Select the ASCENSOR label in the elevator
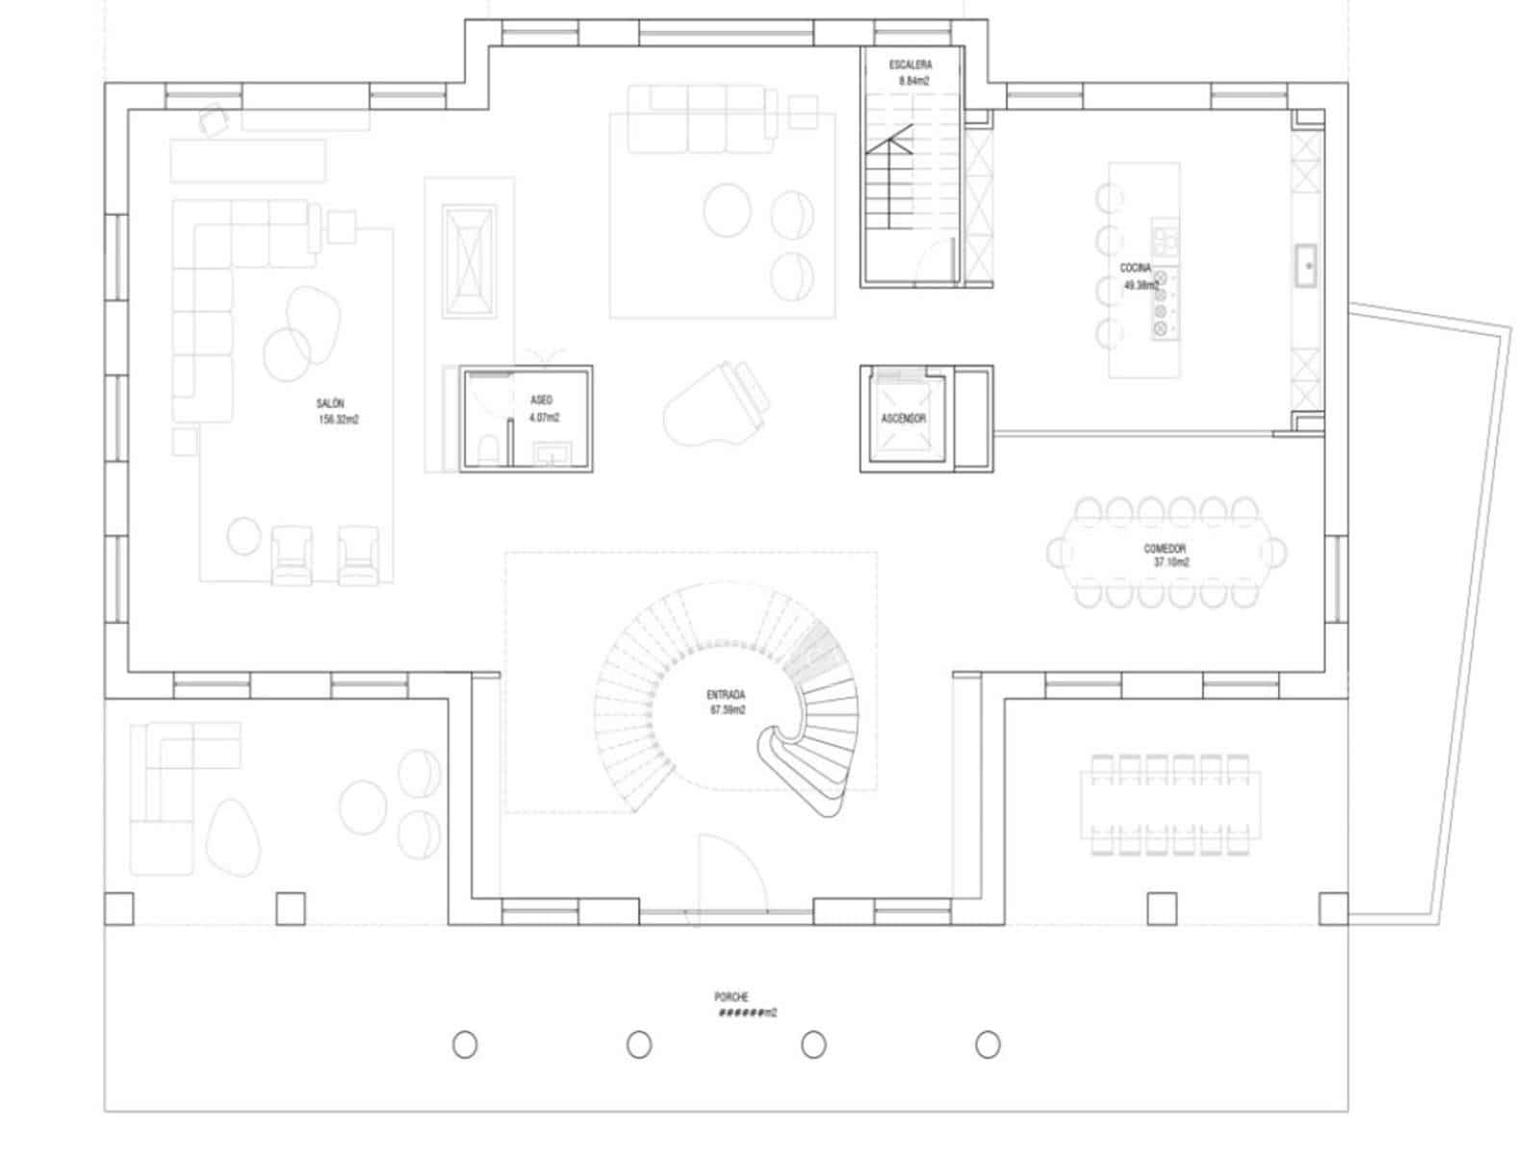coord(904,419)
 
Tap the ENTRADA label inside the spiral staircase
coord(728,702)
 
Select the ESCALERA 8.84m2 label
coord(911,73)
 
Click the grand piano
coord(717,404)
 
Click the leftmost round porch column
coord(465,1044)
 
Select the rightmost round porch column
coord(988,1044)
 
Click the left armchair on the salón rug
coord(292,555)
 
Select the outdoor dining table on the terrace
coord(1170,805)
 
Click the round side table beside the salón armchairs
coord(244,536)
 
